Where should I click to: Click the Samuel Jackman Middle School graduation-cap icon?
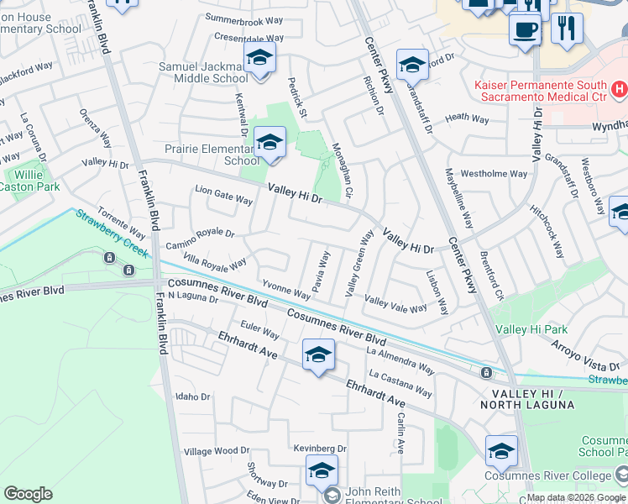coord(259,59)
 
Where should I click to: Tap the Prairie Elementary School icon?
coord(270,144)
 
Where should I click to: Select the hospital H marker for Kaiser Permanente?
coord(619,88)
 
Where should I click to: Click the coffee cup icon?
coord(526,29)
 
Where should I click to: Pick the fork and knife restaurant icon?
coord(568,29)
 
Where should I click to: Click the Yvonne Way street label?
coord(286,287)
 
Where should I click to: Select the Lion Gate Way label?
coord(224,196)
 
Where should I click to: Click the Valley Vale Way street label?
coord(395,303)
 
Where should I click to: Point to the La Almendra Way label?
coord(400,359)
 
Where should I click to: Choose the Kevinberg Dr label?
coord(320,449)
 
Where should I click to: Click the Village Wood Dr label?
coord(217,452)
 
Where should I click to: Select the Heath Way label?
coord(467,119)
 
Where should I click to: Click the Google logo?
coord(28,494)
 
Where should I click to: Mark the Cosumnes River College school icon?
coord(501,452)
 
